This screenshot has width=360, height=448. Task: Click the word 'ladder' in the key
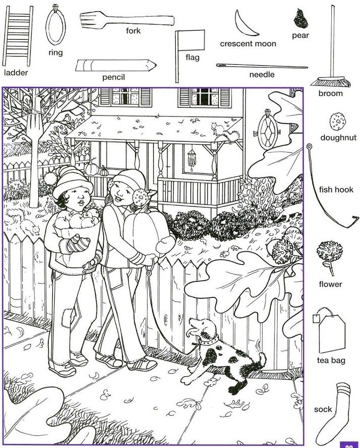tap(16, 72)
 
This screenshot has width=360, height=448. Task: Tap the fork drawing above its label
tap(127, 20)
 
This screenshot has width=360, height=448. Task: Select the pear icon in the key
tap(301, 18)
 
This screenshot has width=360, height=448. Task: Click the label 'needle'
tap(262, 74)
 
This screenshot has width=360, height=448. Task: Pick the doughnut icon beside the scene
tap(337, 122)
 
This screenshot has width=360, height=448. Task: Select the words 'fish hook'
tap(336, 190)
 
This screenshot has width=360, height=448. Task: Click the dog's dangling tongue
tap(189, 333)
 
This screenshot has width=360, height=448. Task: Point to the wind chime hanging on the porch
tap(192, 159)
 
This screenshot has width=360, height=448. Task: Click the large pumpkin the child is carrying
tap(146, 231)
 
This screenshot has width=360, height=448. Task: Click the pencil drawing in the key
tap(115, 65)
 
